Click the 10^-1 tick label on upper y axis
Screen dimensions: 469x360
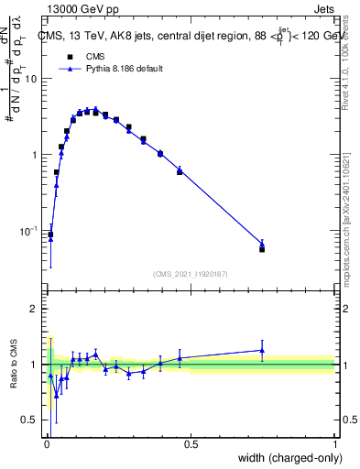pos(30,231)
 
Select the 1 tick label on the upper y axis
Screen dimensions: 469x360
pos(36,155)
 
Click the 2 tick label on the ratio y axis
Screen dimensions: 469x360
pos(36,309)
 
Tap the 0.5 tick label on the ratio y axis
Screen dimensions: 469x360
pos(32,420)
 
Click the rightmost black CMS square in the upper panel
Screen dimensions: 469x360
pos(262,249)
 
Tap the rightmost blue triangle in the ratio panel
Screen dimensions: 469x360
pos(262,350)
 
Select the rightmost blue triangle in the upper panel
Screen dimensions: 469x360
pos(262,244)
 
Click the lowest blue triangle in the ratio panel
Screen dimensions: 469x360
pos(56,395)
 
